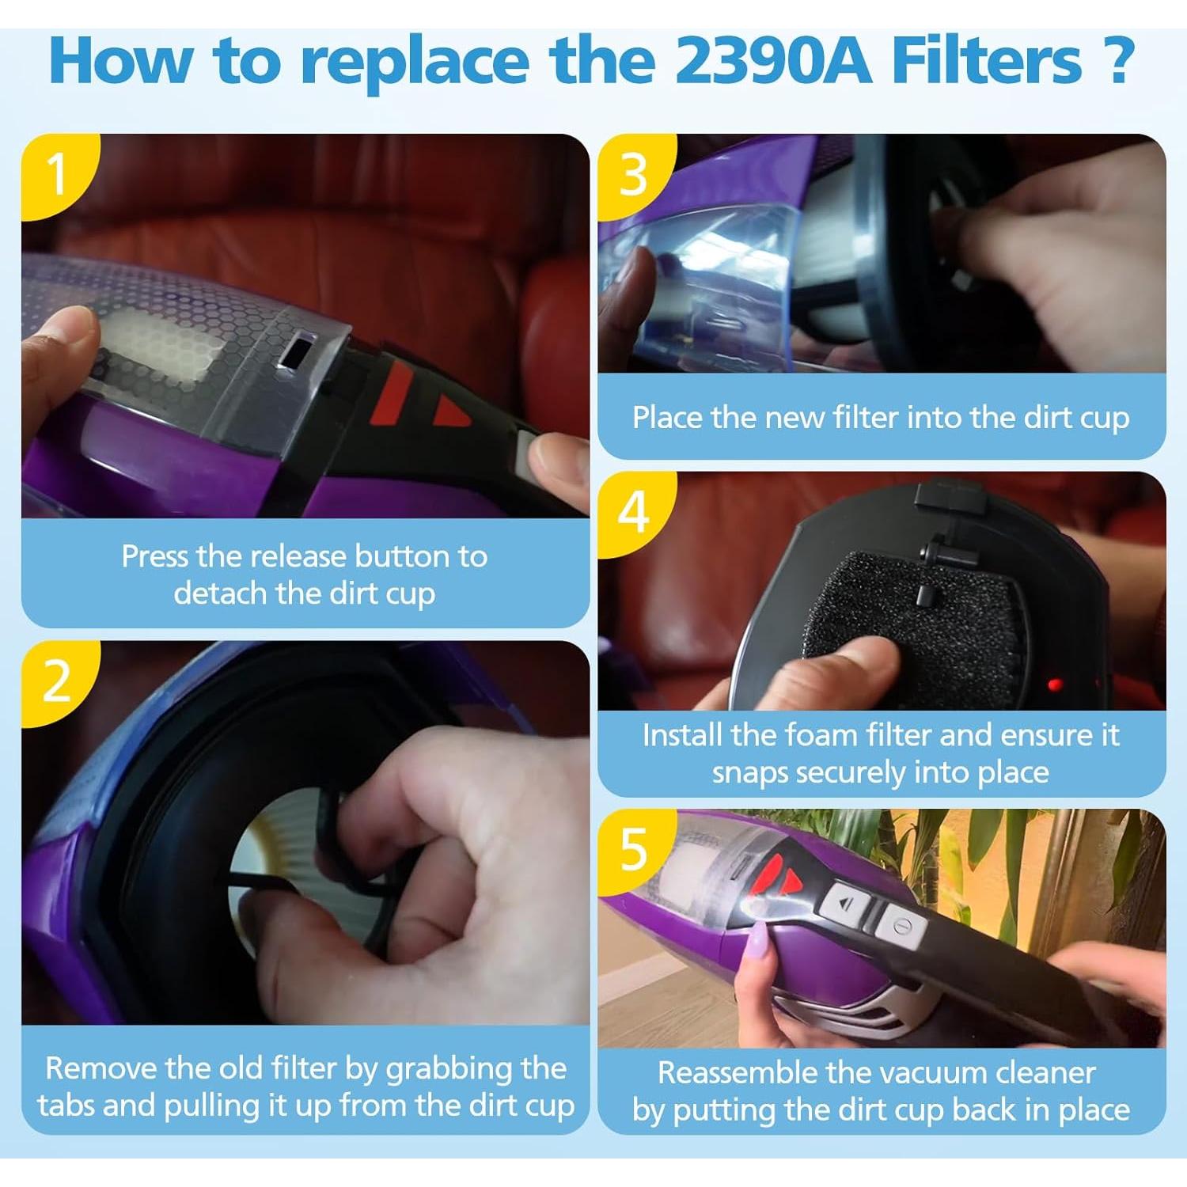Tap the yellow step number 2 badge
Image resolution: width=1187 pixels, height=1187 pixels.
[55, 681]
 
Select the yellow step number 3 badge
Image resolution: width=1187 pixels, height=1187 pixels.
[633, 174]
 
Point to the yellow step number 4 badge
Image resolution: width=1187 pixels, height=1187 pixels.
[633, 512]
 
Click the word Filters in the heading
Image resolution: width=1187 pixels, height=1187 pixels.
[986, 61]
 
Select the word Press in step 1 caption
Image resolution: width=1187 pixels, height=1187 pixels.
[155, 556]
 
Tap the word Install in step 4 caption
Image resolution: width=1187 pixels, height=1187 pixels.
[681, 735]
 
